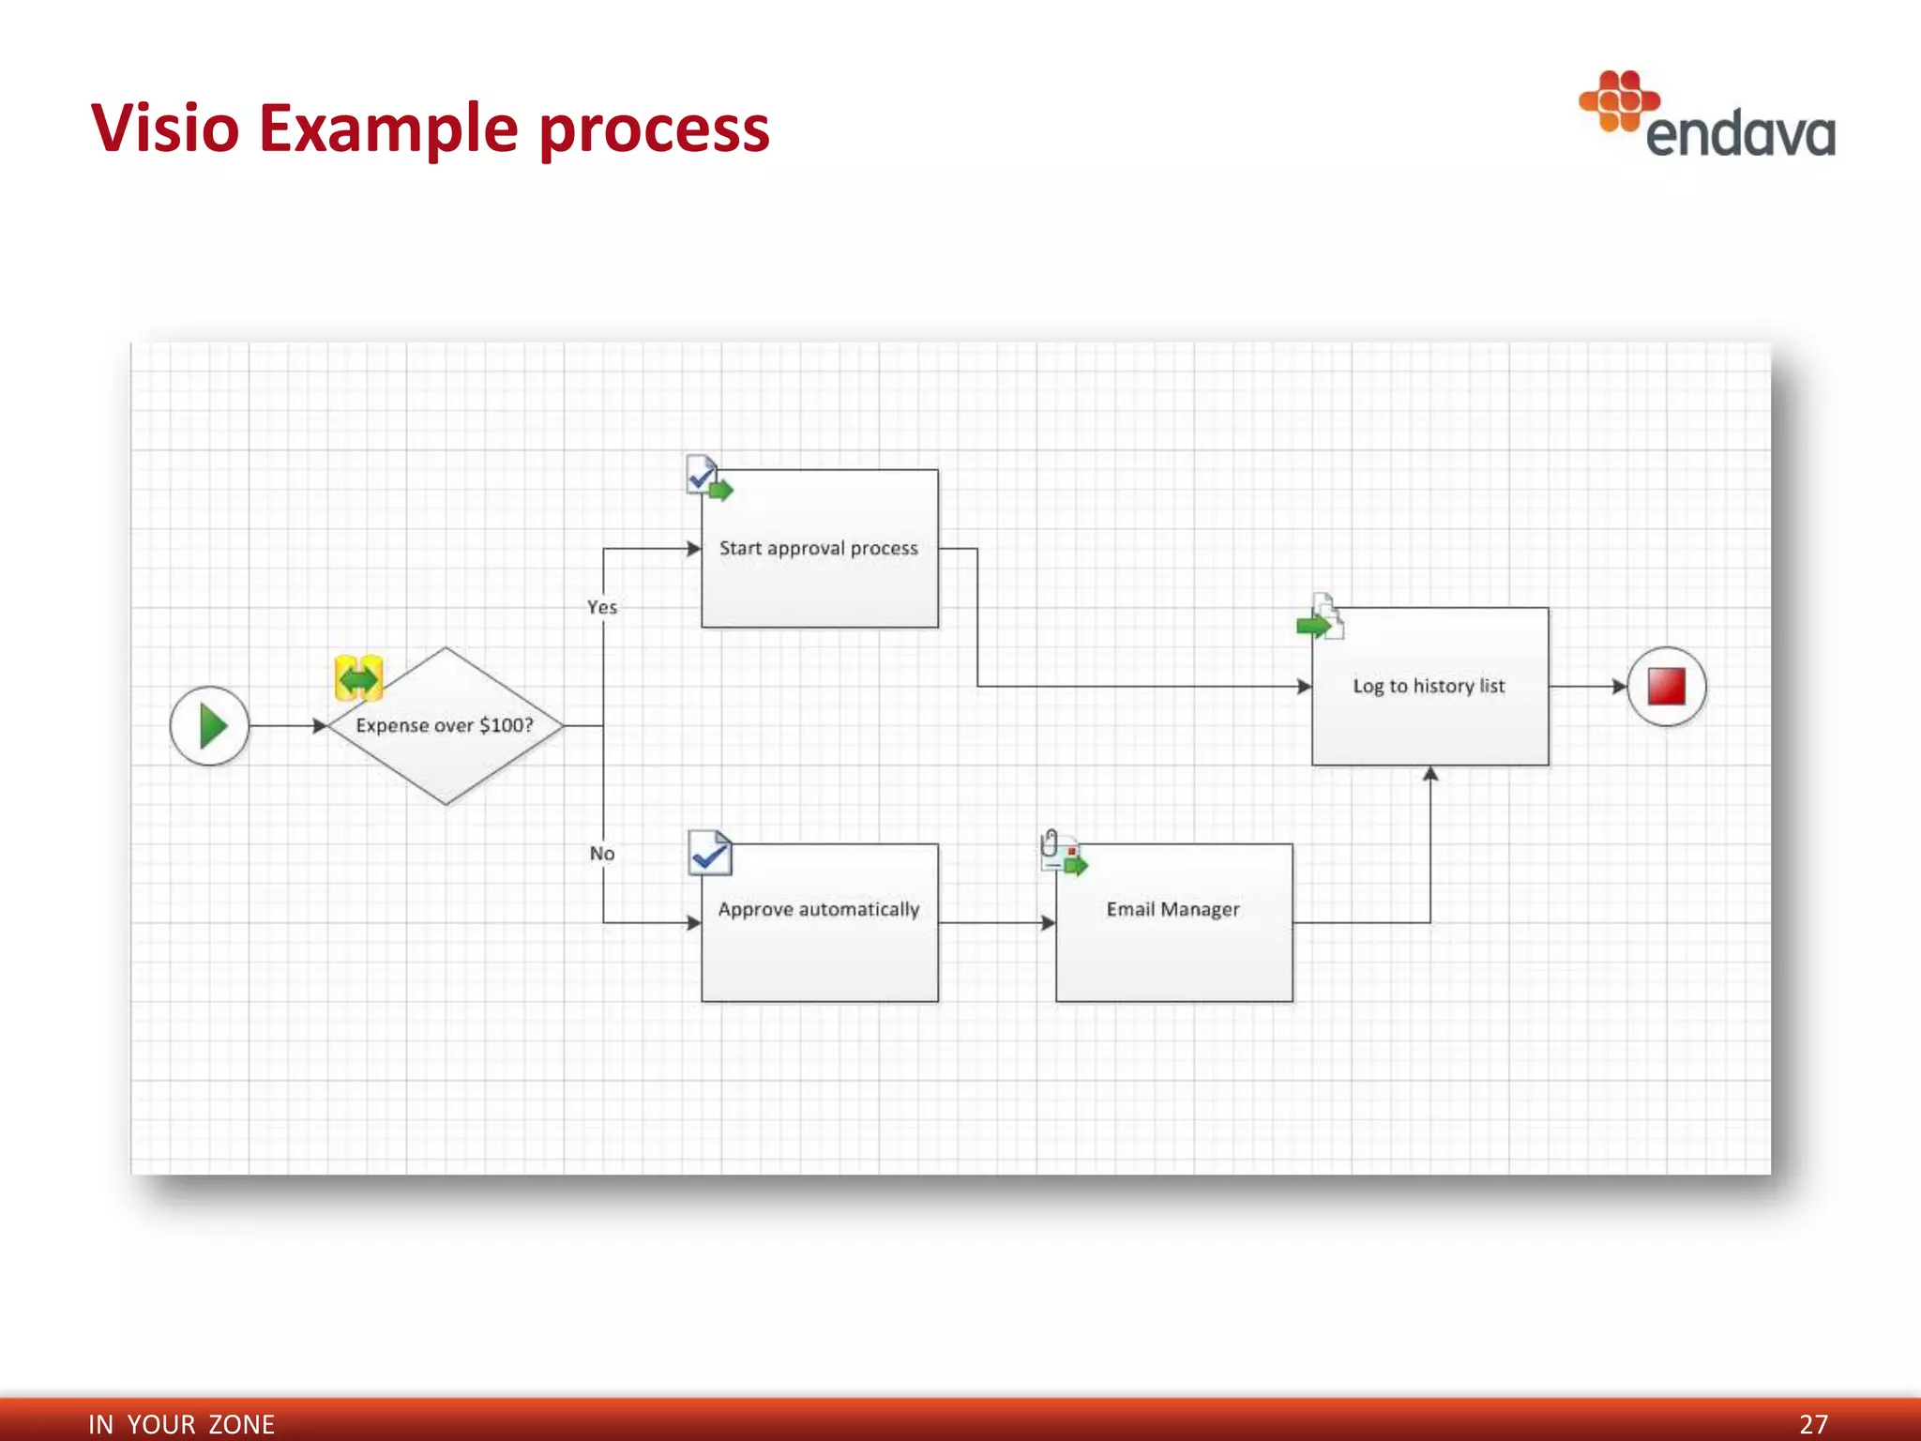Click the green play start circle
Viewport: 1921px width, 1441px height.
210,726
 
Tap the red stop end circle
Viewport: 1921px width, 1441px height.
1666,687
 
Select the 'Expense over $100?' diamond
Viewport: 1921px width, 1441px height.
446,726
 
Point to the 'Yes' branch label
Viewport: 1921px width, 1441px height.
602,607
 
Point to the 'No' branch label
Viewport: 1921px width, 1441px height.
602,854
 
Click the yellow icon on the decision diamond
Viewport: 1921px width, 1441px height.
358,677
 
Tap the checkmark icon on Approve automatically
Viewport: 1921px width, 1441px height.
710,853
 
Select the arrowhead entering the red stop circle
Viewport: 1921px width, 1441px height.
1619,687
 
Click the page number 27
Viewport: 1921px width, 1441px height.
1813,1424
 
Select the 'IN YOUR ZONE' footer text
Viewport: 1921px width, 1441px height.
181,1424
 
